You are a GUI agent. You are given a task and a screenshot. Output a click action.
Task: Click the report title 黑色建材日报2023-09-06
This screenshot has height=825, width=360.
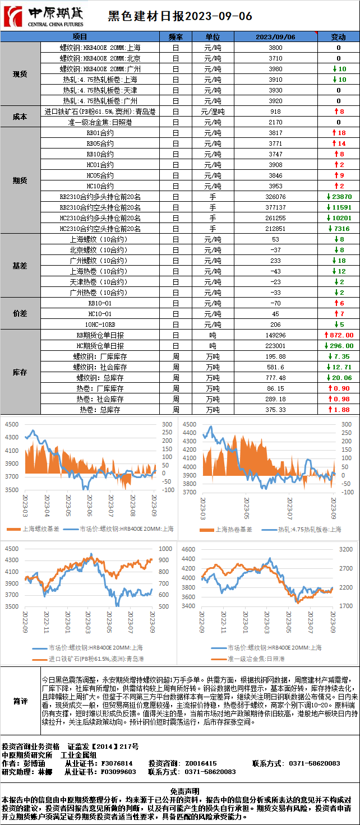[179, 16]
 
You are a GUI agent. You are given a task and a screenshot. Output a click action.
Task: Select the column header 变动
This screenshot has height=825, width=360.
[338, 37]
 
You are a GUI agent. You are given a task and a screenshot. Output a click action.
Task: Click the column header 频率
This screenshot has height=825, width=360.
[175, 37]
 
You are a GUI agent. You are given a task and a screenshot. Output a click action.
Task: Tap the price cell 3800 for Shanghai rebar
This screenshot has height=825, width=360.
[275, 48]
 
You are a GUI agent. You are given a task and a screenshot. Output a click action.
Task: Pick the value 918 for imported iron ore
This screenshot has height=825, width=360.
[275, 112]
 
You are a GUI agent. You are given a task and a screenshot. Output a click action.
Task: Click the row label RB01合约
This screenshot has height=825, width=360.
[100, 133]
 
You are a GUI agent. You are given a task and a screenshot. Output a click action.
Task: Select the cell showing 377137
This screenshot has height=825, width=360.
[275, 207]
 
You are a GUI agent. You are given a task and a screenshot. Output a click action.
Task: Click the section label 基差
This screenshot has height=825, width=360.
[20, 266]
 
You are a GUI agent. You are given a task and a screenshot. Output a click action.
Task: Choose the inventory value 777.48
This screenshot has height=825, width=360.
[275, 378]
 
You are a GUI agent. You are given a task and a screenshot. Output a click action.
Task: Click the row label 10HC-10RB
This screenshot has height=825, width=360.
[100, 325]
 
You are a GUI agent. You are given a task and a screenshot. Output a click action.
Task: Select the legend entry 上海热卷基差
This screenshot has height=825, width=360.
[234, 529]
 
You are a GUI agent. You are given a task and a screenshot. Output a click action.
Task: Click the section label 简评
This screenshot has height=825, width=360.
[20, 701]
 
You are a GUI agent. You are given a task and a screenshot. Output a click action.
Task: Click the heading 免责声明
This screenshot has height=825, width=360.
[179, 789]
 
